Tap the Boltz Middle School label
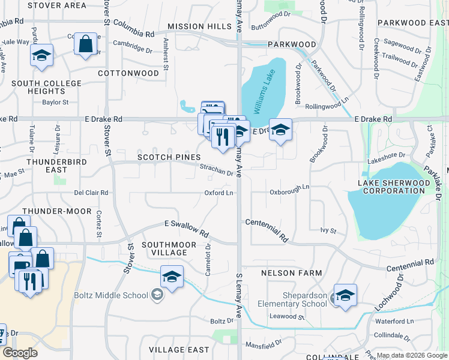click(118, 295)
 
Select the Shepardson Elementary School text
click(306, 299)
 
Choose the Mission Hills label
click(199, 27)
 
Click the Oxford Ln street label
click(218, 193)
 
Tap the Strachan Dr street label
click(217, 171)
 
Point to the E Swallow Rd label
click(187, 229)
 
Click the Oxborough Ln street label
click(289, 187)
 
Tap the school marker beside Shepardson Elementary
click(345, 295)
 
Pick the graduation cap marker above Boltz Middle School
click(172, 277)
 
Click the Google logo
click(19, 353)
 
